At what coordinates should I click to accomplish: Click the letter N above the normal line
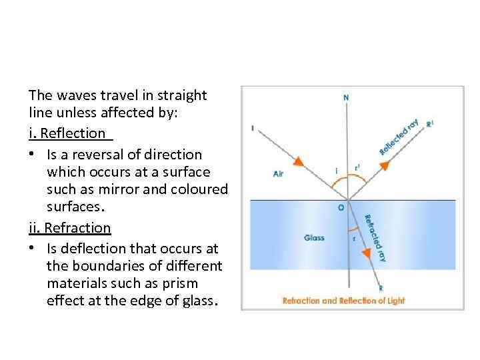coord(345,98)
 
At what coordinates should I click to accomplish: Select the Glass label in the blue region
coord(313,237)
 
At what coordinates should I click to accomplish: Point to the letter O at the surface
coord(341,207)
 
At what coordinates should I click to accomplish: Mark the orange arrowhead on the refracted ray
coord(367,254)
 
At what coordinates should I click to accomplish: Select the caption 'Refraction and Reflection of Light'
coord(343,301)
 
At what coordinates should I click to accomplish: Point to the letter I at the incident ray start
coord(253,128)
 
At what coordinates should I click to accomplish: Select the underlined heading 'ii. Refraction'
coord(70,227)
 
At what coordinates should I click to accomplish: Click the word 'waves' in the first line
coord(74,95)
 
